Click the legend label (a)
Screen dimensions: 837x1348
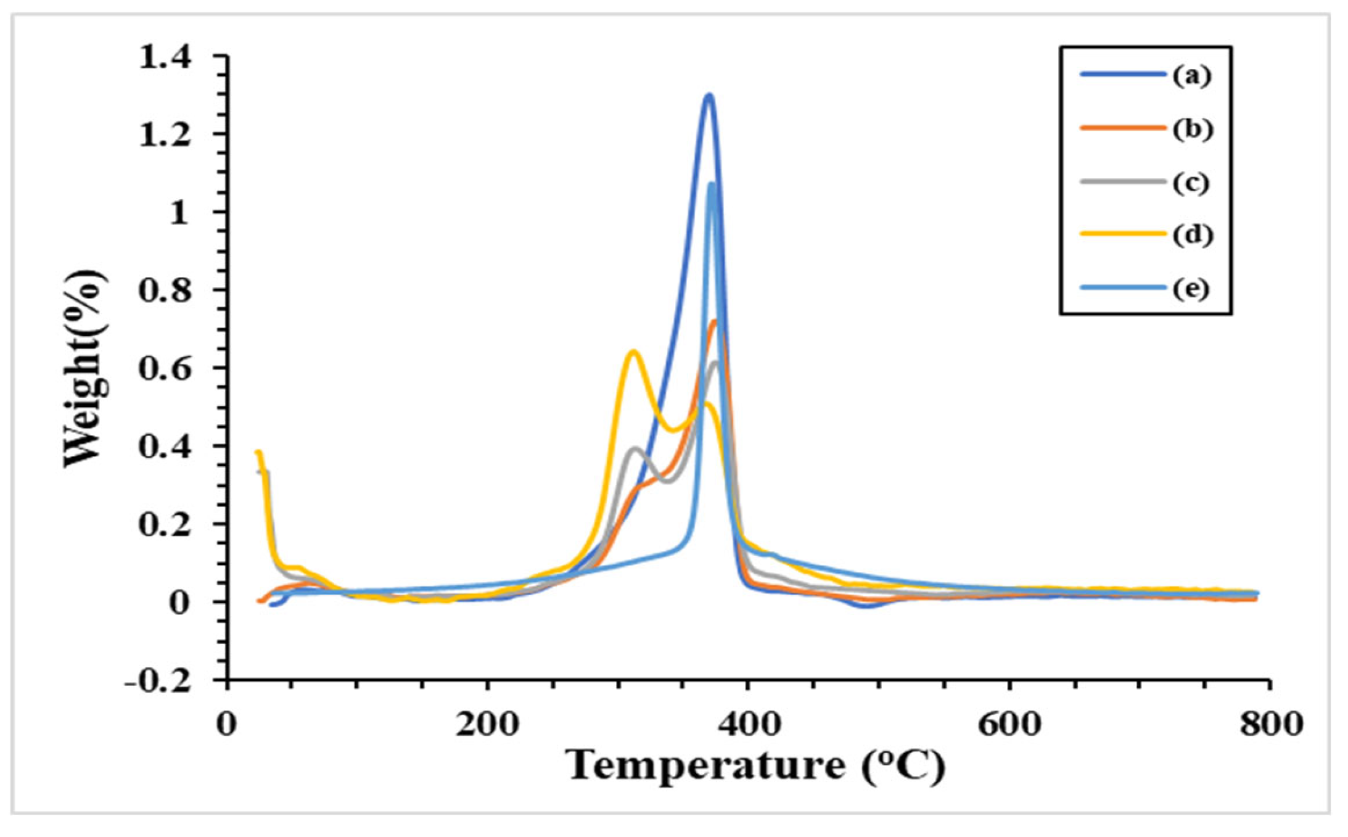pyautogui.click(x=1191, y=75)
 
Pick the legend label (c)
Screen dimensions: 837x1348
pyautogui.click(x=1191, y=183)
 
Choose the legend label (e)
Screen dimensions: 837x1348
pyautogui.click(x=1191, y=288)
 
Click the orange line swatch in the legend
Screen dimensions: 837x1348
pyautogui.click(x=1123, y=128)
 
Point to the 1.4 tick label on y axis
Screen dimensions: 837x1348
pyautogui.click(x=165, y=58)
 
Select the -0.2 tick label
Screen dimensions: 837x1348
pyautogui.click(x=158, y=683)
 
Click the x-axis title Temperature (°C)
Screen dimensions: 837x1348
pyautogui.click(x=755, y=766)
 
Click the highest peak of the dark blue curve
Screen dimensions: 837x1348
pyautogui.click(x=709, y=96)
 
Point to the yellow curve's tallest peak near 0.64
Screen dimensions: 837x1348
pyautogui.click(x=633, y=352)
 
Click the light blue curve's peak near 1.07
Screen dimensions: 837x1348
pyautogui.click(x=712, y=184)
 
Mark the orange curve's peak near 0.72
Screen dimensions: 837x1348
pyautogui.click(x=714, y=321)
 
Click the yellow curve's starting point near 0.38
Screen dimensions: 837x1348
pyautogui.click(x=258, y=453)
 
